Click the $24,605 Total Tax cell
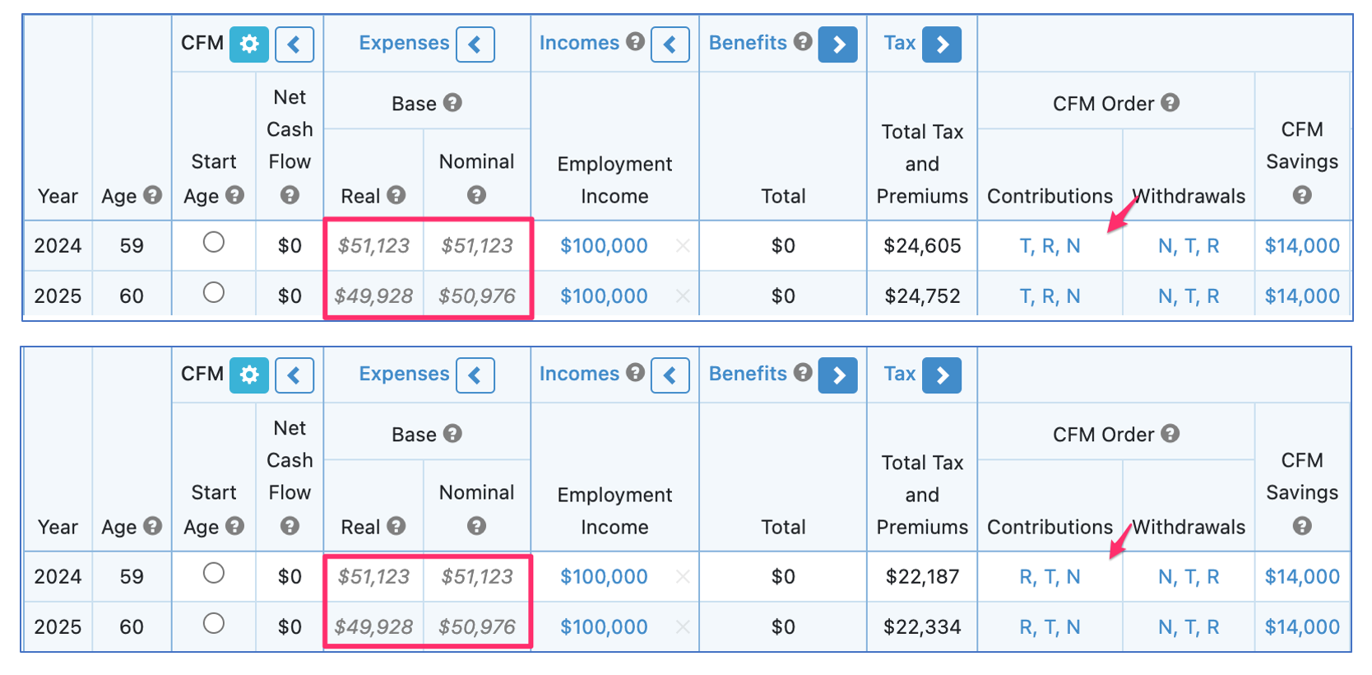point(922,246)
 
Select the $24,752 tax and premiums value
point(922,296)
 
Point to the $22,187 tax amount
point(922,577)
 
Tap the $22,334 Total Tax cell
point(922,627)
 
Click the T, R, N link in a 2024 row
point(1050,246)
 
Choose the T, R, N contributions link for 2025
point(1050,296)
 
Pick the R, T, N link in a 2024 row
point(1050,577)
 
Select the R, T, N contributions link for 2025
point(1050,627)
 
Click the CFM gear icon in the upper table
point(249,44)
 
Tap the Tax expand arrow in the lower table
point(942,375)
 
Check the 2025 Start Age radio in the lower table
point(214,623)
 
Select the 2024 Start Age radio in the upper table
point(214,242)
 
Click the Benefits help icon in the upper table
point(803,41)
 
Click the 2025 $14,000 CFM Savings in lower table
point(1301,627)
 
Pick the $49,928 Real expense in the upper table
point(373,296)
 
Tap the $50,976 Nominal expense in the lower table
point(477,627)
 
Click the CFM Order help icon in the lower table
point(1170,433)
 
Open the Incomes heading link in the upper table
point(579,43)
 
